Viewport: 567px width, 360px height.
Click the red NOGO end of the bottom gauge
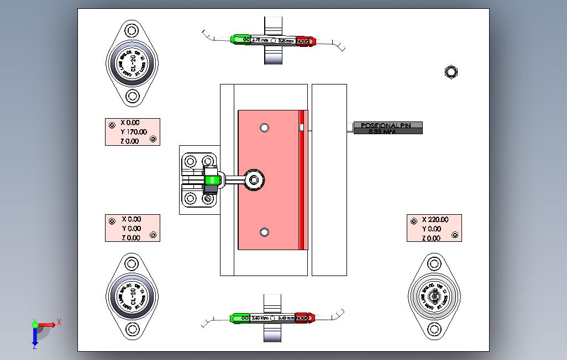point(305,318)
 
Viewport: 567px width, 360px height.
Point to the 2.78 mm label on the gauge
point(260,40)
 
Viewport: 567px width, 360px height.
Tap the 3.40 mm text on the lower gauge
point(286,318)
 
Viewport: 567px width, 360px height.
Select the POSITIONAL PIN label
point(387,125)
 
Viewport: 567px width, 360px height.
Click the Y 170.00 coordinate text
point(134,132)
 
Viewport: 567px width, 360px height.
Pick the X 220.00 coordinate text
point(435,219)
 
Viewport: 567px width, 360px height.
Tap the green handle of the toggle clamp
point(211,179)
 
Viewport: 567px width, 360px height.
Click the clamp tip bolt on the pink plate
point(254,179)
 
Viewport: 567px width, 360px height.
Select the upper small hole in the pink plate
point(264,128)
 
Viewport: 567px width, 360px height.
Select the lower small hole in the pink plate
point(264,232)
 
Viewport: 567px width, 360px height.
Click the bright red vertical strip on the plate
point(302,180)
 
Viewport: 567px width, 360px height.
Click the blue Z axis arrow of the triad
point(34,337)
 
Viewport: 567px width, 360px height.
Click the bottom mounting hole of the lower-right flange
point(434,330)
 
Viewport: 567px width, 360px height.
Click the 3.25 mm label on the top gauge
point(286,40)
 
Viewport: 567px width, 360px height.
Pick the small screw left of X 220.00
point(413,221)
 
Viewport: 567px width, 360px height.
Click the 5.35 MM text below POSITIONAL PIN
point(382,132)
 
